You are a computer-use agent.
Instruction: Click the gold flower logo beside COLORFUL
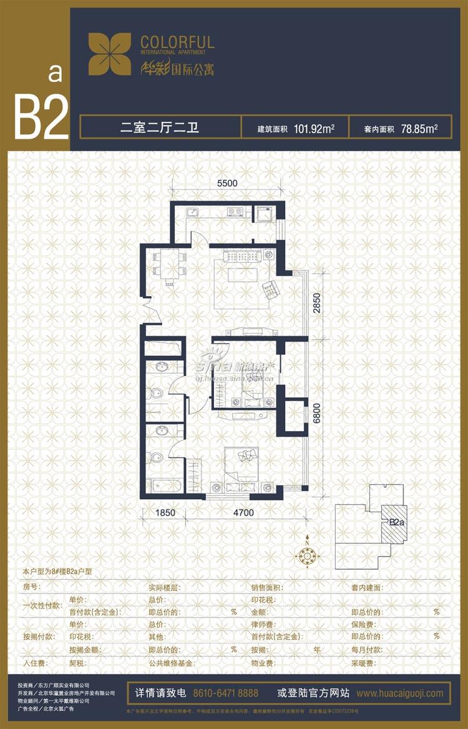point(110,54)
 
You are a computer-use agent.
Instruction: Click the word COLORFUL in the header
point(177,42)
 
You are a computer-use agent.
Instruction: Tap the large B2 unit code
point(41,117)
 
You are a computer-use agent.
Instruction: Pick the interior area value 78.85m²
point(418,129)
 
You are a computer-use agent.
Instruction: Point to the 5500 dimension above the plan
point(228,184)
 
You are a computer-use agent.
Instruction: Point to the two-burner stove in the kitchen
point(236,211)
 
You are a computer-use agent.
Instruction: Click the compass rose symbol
point(307,554)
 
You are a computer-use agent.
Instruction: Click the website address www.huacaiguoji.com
point(400,693)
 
